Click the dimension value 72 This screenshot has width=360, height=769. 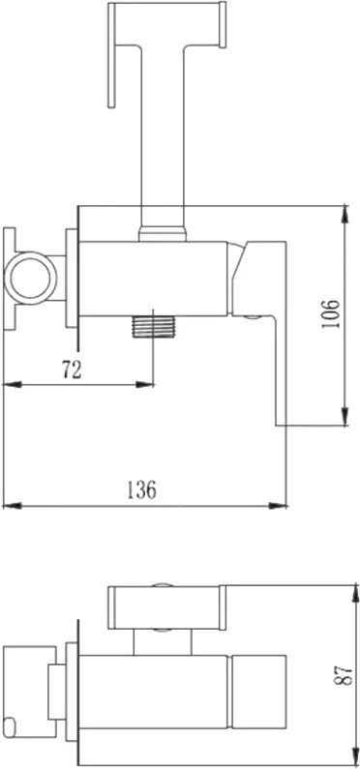[x=72, y=370]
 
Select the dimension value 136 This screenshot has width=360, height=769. [x=142, y=489]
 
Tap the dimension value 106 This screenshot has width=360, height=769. [x=332, y=314]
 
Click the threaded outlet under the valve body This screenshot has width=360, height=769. [x=154, y=327]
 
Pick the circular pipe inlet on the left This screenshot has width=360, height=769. [x=30, y=278]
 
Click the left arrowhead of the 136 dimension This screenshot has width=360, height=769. [x=13, y=506]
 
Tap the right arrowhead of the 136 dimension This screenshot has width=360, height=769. [x=278, y=506]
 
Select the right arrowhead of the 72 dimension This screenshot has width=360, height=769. [x=145, y=385]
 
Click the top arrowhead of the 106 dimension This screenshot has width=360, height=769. [x=345, y=215]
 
